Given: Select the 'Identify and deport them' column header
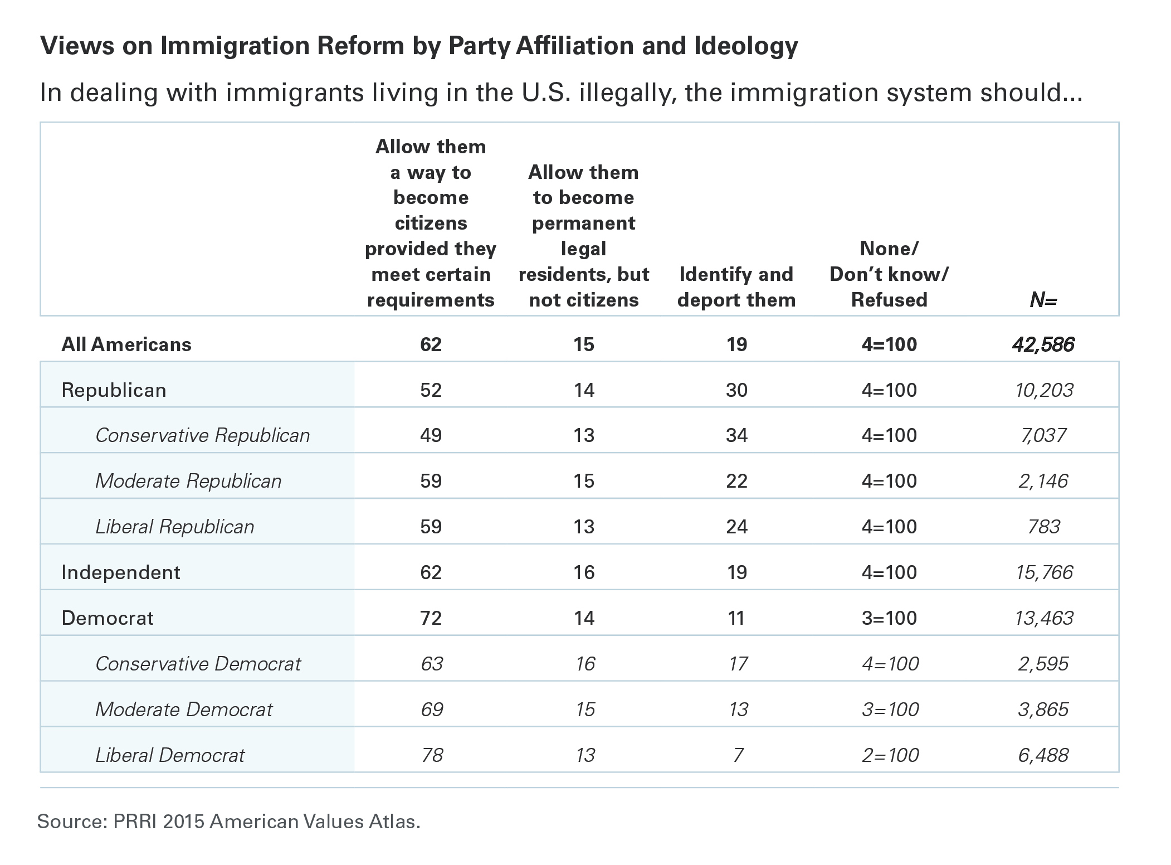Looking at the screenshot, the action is coord(736,287).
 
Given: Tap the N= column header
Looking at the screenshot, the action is coord(1043,300).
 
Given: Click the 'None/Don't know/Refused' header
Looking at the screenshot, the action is coord(889,274).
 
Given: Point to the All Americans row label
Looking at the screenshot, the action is coord(126,344).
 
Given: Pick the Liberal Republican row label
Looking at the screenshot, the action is coord(175,527).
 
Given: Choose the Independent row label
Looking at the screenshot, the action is coord(121,572).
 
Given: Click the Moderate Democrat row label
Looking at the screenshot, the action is coord(184,710).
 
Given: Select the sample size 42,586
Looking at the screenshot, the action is coord(1043,345).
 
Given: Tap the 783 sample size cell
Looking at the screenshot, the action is coord(1045,527).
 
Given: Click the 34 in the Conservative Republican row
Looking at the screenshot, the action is coord(736,435).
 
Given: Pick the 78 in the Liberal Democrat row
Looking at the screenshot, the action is coord(432,755).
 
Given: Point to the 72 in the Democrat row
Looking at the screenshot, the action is coord(431,618).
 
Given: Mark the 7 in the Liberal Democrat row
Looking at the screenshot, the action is coord(738,755).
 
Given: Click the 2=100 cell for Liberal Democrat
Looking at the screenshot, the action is coord(890,755).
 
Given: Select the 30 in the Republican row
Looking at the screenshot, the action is coord(736,390).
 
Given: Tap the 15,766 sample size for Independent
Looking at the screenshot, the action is coord(1044,572).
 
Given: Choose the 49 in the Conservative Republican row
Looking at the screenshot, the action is coord(431,435).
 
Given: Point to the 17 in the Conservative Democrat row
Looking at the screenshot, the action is coord(738,664).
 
